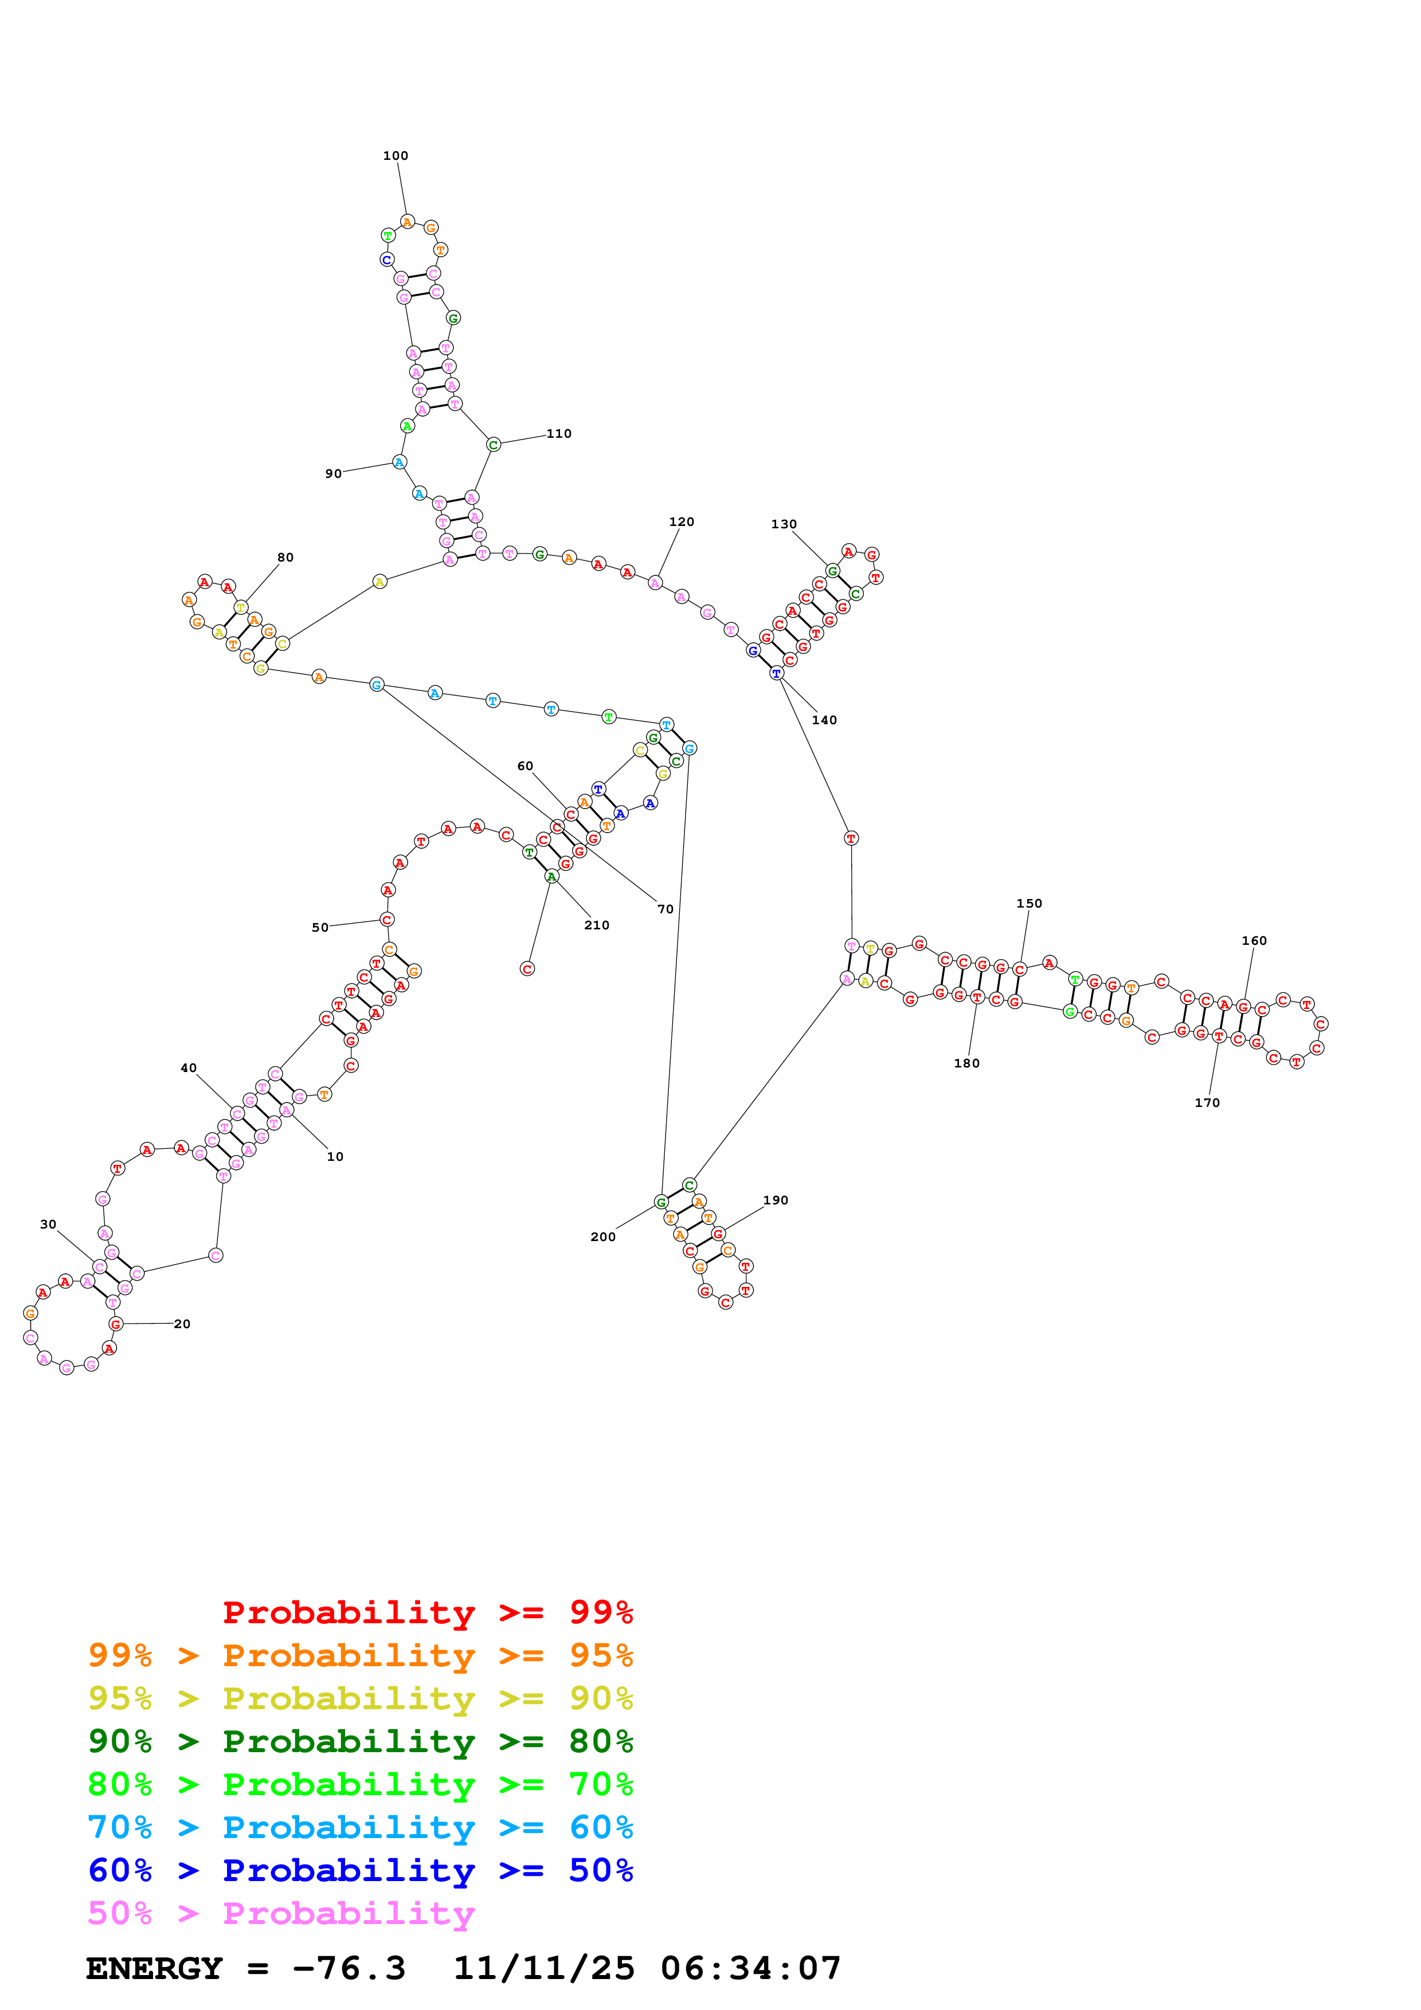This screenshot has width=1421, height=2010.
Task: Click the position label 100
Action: [395, 156]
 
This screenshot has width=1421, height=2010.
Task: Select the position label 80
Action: [285, 557]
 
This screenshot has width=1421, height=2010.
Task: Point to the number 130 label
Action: [784, 524]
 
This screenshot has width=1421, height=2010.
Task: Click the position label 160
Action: [1254, 940]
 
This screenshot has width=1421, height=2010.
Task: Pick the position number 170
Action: [1207, 1103]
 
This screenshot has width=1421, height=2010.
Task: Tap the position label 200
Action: [602, 1237]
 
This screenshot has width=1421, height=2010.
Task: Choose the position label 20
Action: [182, 1324]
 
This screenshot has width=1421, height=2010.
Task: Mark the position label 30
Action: [48, 1224]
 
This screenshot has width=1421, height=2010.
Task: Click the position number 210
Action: [596, 925]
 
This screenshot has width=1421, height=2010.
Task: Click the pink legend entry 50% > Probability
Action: [281, 1914]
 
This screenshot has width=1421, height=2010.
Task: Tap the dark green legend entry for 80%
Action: [361, 1742]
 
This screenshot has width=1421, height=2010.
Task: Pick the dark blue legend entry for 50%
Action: [361, 1871]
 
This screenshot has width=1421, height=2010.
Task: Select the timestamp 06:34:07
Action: [750, 1969]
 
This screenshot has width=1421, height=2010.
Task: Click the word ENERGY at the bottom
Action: [154, 1969]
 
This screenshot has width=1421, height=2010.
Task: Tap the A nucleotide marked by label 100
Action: [407, 222]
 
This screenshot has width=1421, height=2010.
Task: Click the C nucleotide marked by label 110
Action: [494, 445]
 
